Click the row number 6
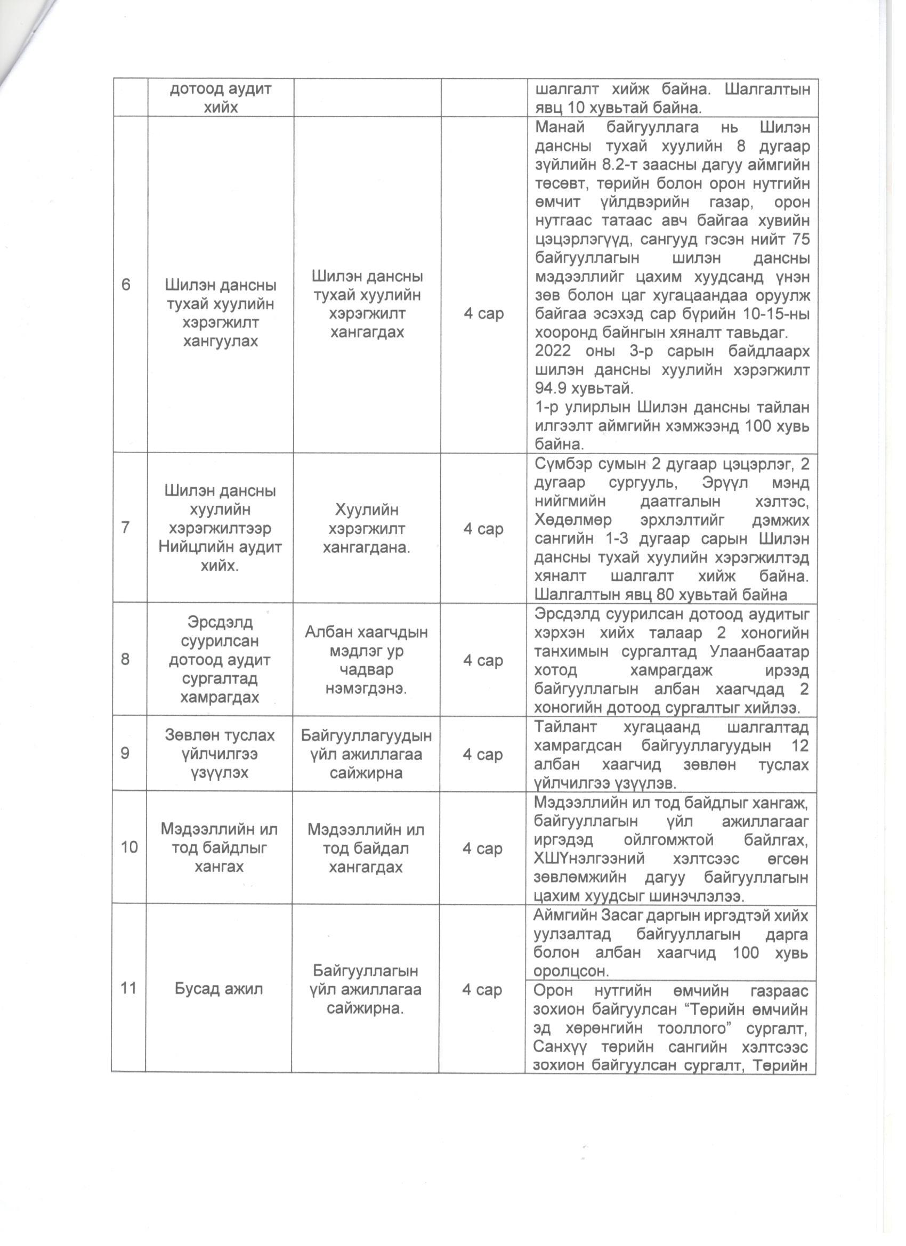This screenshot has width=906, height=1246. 126,285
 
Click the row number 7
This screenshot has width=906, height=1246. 126,528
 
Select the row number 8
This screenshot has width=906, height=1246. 126,659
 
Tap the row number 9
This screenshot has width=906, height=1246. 126,753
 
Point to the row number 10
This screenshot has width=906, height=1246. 129,847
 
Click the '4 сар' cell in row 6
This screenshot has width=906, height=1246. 483,314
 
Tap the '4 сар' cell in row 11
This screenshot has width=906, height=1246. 482,990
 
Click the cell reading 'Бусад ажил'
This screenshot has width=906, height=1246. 219,989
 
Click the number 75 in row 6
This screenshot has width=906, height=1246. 799,239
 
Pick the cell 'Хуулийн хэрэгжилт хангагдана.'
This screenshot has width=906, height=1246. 366,529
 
